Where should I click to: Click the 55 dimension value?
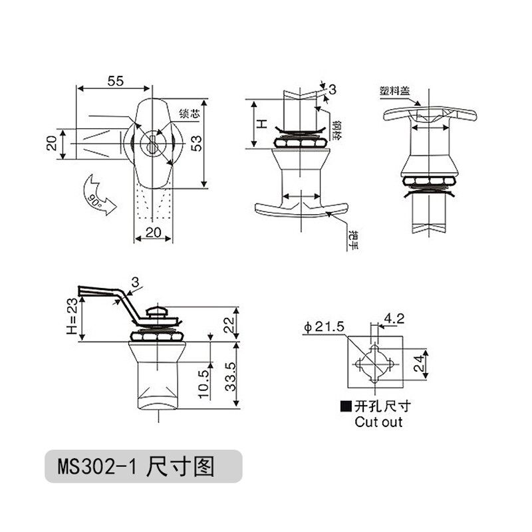[x=115, y=81]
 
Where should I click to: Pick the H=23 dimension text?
[x=72, y=319]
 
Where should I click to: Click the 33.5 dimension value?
[x=232, y=377]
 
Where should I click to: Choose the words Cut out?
[x=378, y=422]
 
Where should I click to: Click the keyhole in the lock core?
[x=154, y=143]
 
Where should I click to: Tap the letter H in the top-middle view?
[x=262, y=124]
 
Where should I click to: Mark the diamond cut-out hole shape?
[x=374, y=364]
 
